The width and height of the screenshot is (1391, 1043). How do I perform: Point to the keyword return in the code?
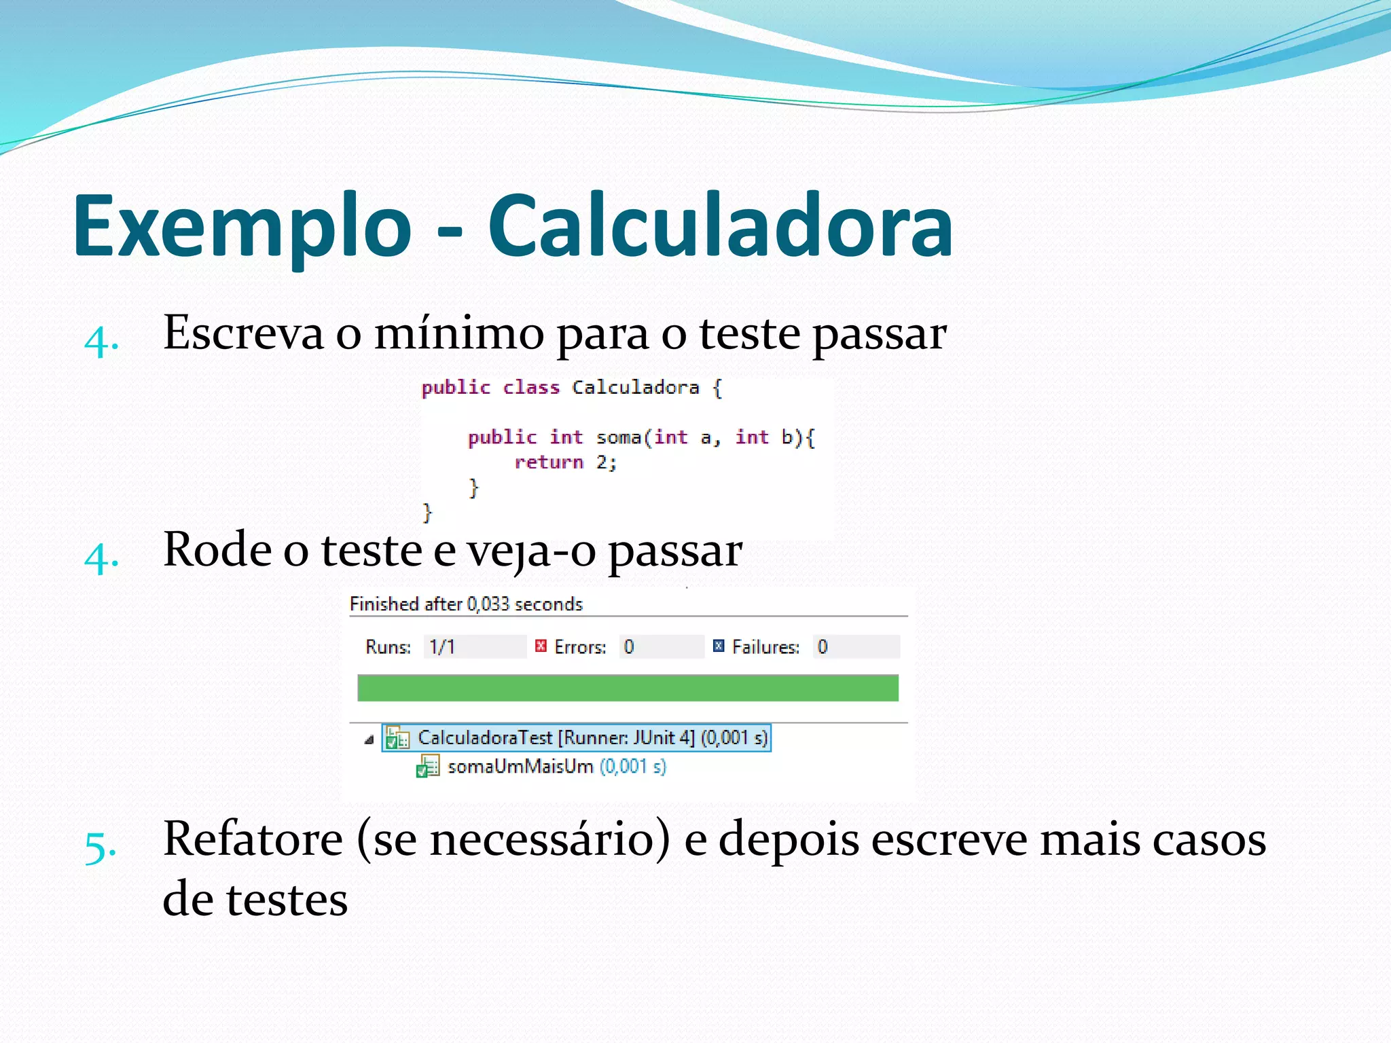click(549, 463)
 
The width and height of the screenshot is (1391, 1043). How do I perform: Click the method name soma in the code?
click(618, 438)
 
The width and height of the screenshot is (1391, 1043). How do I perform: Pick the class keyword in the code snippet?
click(531, 388)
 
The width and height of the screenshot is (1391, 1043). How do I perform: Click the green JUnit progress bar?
click(628, 688)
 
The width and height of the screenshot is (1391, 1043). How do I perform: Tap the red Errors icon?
click(541, 646)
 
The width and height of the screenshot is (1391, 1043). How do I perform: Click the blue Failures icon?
click(719, 646)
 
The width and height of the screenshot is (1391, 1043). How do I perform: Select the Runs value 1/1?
click(442, 647)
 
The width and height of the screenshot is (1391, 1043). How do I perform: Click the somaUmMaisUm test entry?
click(520, 767)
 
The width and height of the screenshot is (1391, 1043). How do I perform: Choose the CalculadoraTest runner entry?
click(592, 738)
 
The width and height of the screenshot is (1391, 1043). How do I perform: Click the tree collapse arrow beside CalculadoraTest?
click(369, 739)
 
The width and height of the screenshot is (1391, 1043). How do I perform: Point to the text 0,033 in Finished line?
click(488, 604)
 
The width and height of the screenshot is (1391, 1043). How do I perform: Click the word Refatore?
click(253, 839)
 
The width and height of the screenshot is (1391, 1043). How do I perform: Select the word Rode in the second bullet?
click(217, 550)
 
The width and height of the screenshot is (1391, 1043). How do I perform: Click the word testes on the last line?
click(287, 900)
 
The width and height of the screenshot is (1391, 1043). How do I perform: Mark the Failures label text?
click(765, 647)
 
